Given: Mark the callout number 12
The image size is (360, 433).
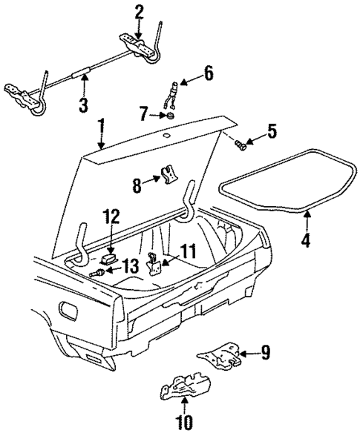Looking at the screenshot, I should tap(111, 216).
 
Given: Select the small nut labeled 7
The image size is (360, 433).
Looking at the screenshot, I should tap(169, 116).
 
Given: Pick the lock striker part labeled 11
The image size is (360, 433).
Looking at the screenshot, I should tap(155, 264).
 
